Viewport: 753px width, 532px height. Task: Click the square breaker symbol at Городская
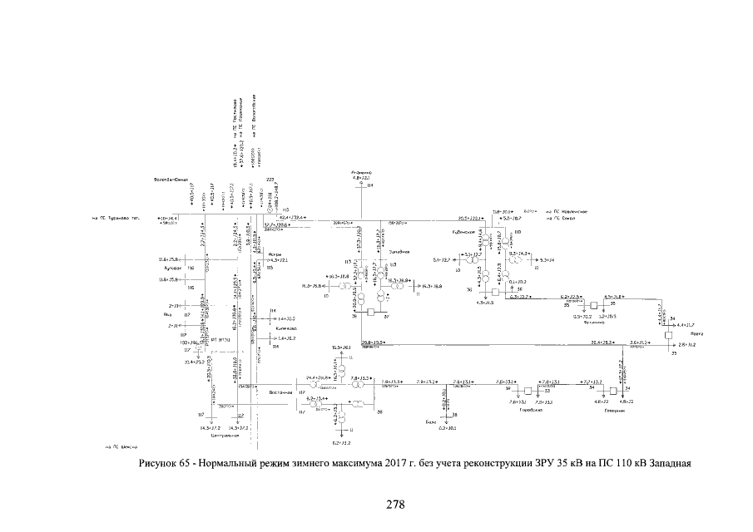[x=526, y=391]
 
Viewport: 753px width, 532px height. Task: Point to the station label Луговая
[x=172, y=269]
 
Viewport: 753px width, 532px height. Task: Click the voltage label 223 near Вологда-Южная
[x=270, y=180]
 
